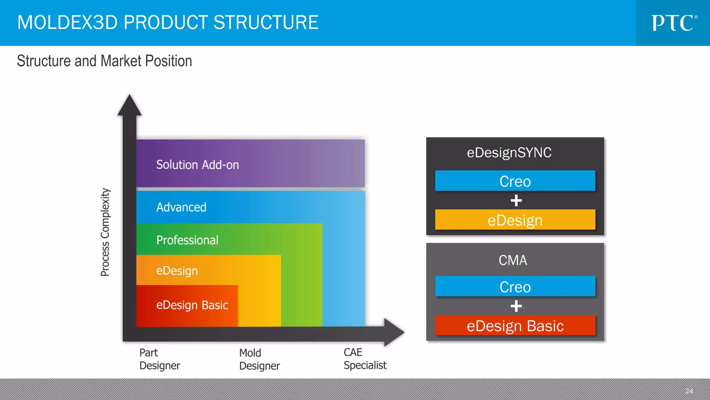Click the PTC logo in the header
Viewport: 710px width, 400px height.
tap(674, 23)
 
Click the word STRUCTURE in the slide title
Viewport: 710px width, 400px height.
tap(266, 23)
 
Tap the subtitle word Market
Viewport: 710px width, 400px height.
tap(121, 61)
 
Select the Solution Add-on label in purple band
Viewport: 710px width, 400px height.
tap(197, 165)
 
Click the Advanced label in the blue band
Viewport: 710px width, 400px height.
tap(181, 207)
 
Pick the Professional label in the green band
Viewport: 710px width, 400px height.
tap(187, 240)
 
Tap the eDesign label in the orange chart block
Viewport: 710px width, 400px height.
tap(177, 271)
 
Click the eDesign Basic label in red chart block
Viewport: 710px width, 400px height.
tap(192, 305)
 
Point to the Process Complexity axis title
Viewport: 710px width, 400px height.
tap(105, 232)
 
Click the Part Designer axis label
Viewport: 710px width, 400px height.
tap(159, 359)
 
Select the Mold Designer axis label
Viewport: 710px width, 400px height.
tap(259, 359)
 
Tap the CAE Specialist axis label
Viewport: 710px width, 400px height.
tap(365, 359)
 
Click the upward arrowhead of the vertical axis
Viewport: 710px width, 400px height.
tap(130, 106)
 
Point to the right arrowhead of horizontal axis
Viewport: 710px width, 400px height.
tap(394, 332)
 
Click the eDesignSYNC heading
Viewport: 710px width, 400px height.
tap(509, 153)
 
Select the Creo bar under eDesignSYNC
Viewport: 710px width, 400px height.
tap(515, 181)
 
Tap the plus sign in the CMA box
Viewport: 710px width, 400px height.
tap(516, 306)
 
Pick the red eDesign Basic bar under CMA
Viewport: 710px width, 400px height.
tap(515, 326)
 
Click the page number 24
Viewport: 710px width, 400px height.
tap(689, 391)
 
